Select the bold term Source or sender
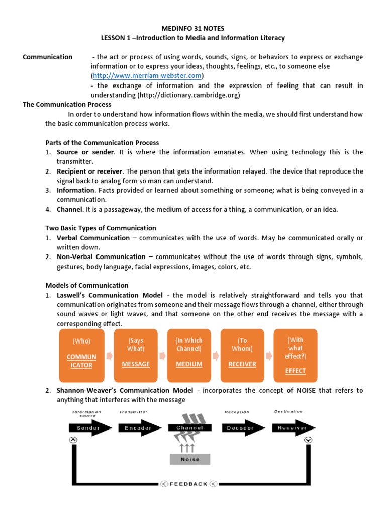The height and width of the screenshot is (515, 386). [85, 152]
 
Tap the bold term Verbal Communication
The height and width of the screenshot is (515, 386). [93, 238]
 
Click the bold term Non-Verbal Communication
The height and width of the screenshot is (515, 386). [101, 257]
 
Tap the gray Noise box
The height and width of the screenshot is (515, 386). [189, 459]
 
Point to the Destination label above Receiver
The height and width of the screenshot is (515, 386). [288, 412]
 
